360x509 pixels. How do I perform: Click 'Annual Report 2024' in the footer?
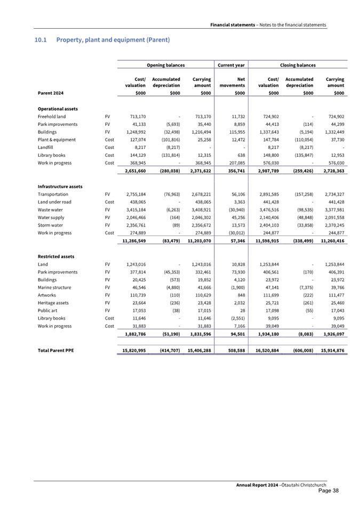(x=257, y=484)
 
